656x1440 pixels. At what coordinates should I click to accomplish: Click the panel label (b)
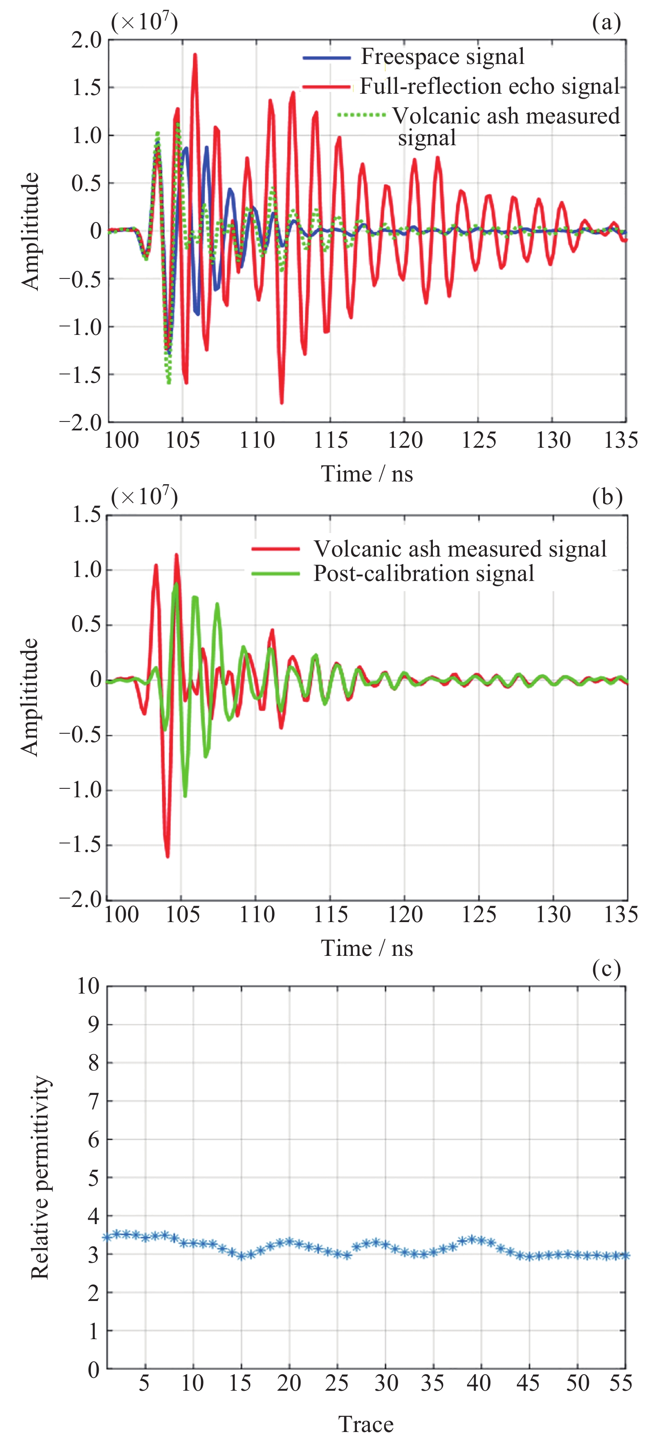pyautogui.click(x=607, y=497)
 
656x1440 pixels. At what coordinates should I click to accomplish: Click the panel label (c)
pyautogui.click(x=606, y=969)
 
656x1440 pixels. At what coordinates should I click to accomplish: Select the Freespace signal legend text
pyautogui.click(x=442, y=56)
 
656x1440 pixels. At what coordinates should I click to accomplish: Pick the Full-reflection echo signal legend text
pyautogui.click(x=489, y=86)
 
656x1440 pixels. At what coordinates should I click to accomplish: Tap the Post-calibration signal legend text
pyautogui.click(x=424, y=573)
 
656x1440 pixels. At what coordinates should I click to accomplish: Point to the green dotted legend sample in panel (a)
pyautogui.click(x=362, y=115)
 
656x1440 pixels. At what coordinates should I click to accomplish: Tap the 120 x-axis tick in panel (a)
pyautogui.click(x=405, y=441)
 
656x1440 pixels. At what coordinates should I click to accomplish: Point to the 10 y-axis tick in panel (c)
pyautogui.click(x=88, y=986)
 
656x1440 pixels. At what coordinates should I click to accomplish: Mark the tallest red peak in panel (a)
pyautogui.click(x=195, y=54)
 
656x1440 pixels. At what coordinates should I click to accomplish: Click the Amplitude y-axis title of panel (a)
pyautogui.click(x=31, y=231)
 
